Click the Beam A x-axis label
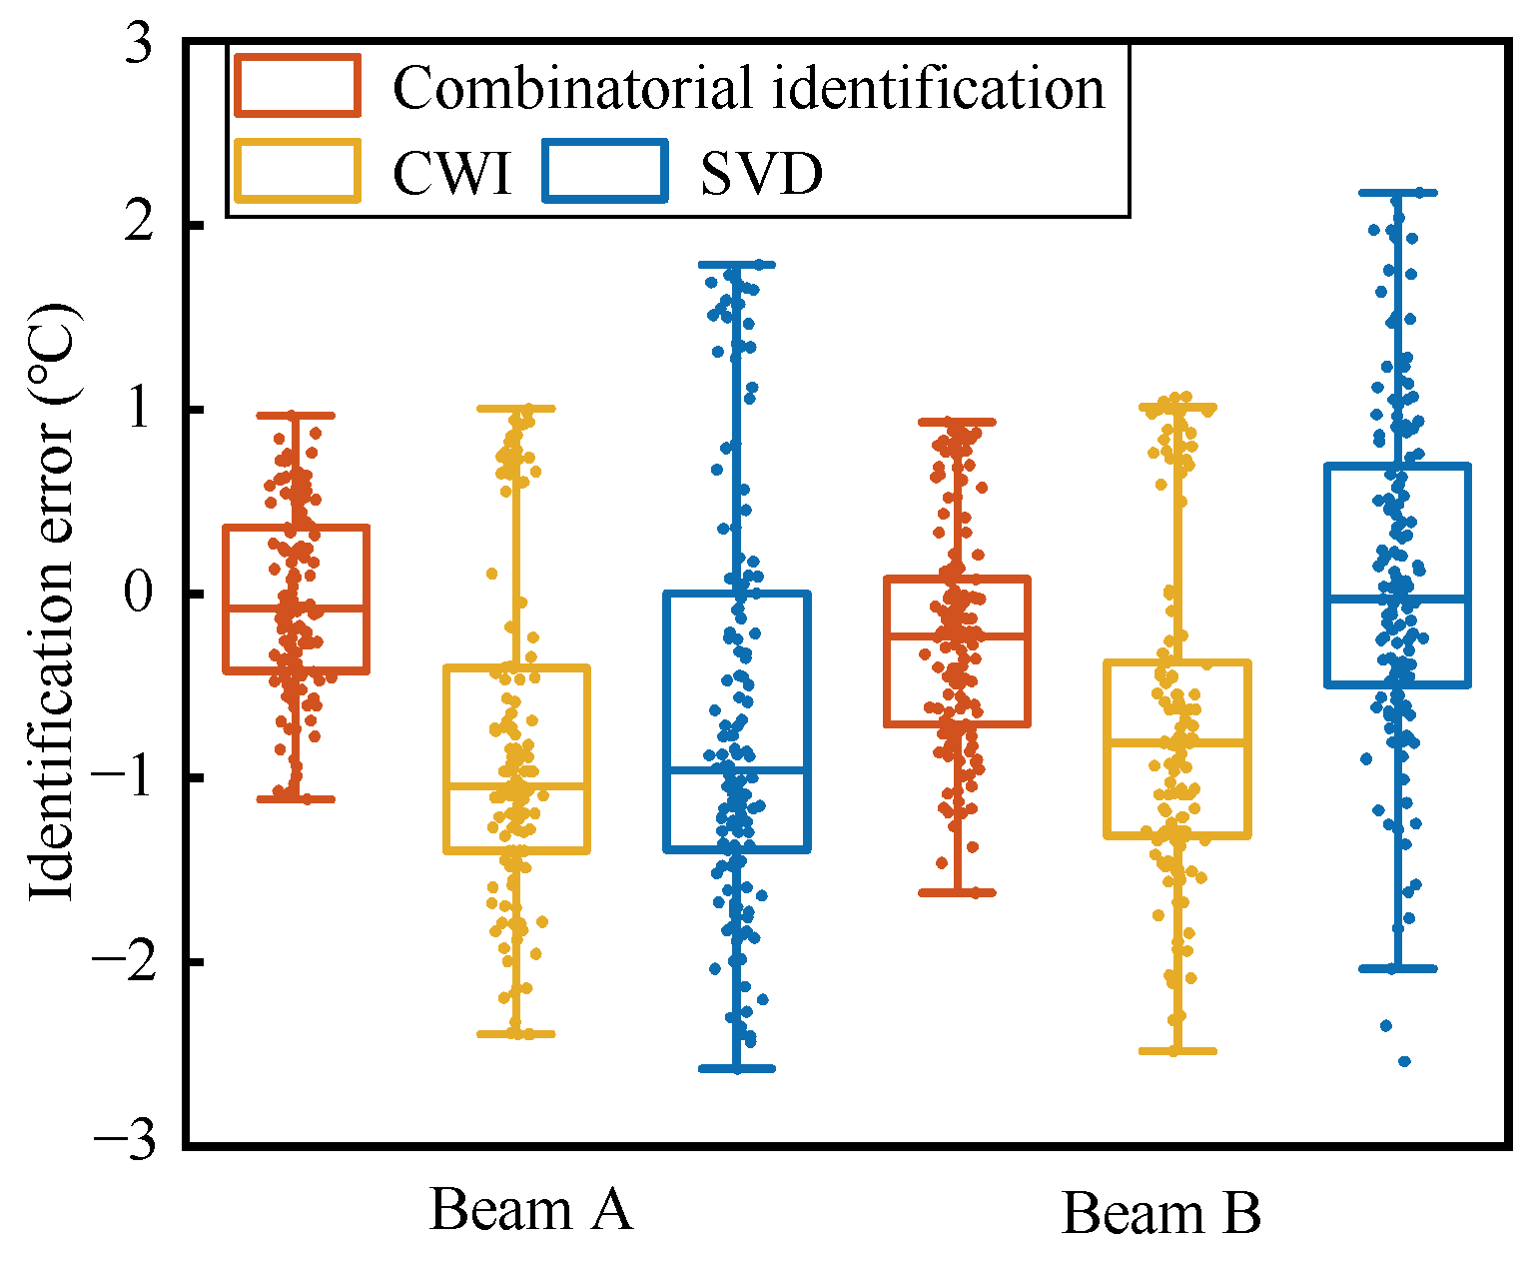pyautogui.click(x=531, y=1210)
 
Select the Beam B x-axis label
pyautogui.click(x=1160, y=1214)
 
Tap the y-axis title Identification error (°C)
pyautogui.click(x=52, y=600)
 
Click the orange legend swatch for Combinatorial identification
pyautogui.click(x=297, y=86)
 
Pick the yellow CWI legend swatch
pyautogui.click(x=297, y=172)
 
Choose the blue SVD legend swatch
pyautogui.click(x=605, y=172)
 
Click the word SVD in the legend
pyautogui.click(x=761, y=175)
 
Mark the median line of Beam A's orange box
pyautogui.click(x=297, y=608)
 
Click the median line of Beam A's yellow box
pyautogui.click(x=516, y=786)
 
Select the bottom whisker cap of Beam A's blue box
pyautogui.click(x=737, y=1068)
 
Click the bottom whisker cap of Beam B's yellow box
pyautogui.click(x=1177, y=1051)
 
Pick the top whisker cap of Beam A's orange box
pyautogui.click(x=297, y=415)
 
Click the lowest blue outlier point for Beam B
pyautogui.click(x=1404, y=1061)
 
